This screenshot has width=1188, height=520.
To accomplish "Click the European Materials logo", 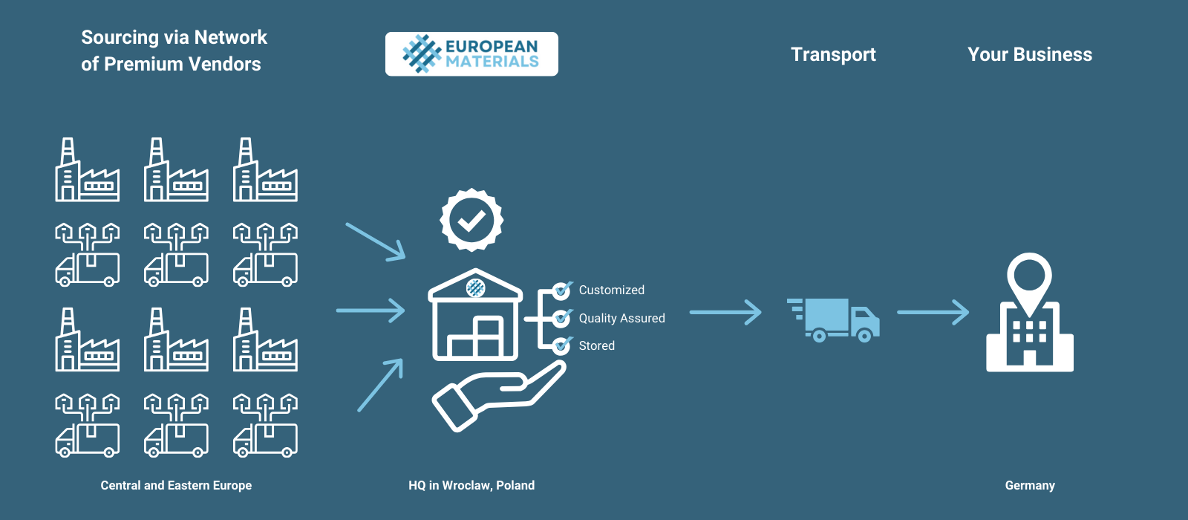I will pyautogui.click(x=471, y=53).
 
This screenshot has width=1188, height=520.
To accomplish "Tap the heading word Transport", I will pyautogui.click(x=833, y=54).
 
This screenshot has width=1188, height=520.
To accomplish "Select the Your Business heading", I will pyautogui.click(x=1030, y=54).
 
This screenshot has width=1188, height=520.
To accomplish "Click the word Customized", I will pyautogui.click(x=611, y=290).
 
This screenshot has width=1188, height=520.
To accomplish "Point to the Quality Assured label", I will pyautogui.click(x=621, y=318).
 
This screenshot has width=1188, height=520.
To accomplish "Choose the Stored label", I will pyautogui.click(x=596, y=345).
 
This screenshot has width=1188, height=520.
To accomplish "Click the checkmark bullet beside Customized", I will pyautogui.click(x=562, y=290).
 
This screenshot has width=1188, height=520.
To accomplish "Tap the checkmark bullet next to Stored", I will pyautogui.click(x=562, y=345).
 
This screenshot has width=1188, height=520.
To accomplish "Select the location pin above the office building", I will pyautogui.click(x=1029, y=279).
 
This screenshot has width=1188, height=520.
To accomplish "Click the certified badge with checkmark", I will pyautogui.click(x=471, y=220).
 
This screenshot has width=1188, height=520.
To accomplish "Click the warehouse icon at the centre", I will pyautogui.click(x=475, y=316).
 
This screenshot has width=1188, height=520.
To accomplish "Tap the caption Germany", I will pyautogui.click(x=1030, y=485).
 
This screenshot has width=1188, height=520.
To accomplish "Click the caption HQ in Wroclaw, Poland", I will pyautogui.click(x=471, y=485).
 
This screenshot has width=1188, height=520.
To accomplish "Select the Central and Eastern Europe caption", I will pyautogui.click(x=176, y=485).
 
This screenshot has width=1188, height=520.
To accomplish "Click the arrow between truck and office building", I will pyautogui.click(x=933, y=312).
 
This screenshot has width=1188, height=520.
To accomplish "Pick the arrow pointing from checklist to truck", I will pyautogui.click(x=725, y=312).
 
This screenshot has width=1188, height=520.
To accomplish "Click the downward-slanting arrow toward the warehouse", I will pyautogui.click(x=376, y=241).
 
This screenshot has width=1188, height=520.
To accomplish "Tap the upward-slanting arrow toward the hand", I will pyautogui.click(x=380, y=385).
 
